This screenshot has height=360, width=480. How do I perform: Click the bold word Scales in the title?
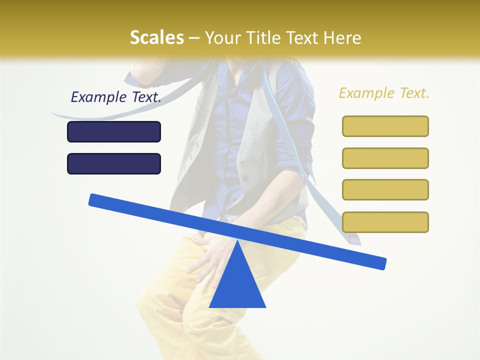pyautogui.click(x=156, y=37)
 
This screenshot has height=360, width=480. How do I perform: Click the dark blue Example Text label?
pyautogui.click(x=116, y=97)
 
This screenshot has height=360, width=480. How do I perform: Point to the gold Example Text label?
pyautogui.click(x=384, y=93)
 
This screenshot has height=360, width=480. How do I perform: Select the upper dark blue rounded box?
pyautogui.click(x=114, y=131)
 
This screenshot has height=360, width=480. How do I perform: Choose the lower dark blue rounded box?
pyautogui.click(x=114, y=163)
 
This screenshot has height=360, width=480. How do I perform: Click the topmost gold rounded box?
pyautogui.click(x=385, y=126)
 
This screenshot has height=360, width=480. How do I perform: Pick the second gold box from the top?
pyautogui.click(x=385, y=158)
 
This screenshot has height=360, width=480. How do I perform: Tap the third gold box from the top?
pyautogui.click(x=385, y=189)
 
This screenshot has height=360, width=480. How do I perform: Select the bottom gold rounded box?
pyautogui.click(x=385, y=222)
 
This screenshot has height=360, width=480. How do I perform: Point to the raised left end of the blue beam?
pyautogui.click(x=95, y=199)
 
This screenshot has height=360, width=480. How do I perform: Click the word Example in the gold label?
pyautogui.click(x=365, y=93)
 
